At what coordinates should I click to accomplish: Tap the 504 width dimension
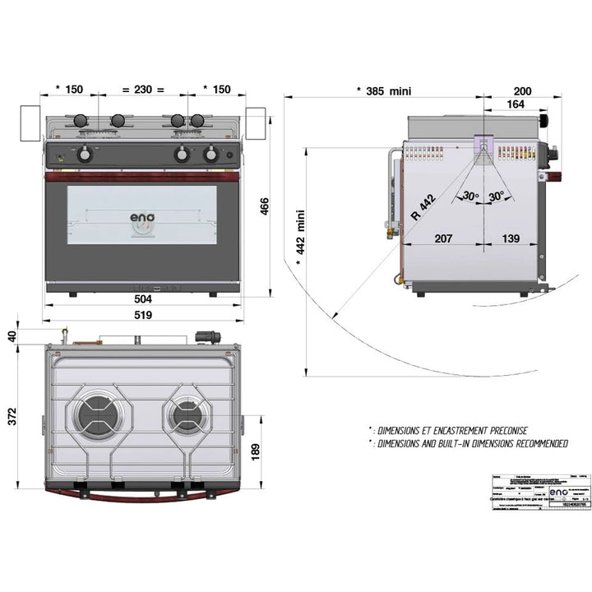tap(145, 301)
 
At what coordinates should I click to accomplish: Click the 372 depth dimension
tap(12, 418)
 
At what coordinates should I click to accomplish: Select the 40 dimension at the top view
tap(12, 335)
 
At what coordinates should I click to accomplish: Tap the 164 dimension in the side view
tap(515, 104)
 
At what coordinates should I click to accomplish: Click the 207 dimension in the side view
tap(442, 238)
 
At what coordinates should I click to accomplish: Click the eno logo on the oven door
tap(141, 219)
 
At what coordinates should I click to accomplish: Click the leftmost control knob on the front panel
tap(84, 154)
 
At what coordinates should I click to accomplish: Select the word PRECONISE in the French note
tap(498, 430)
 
